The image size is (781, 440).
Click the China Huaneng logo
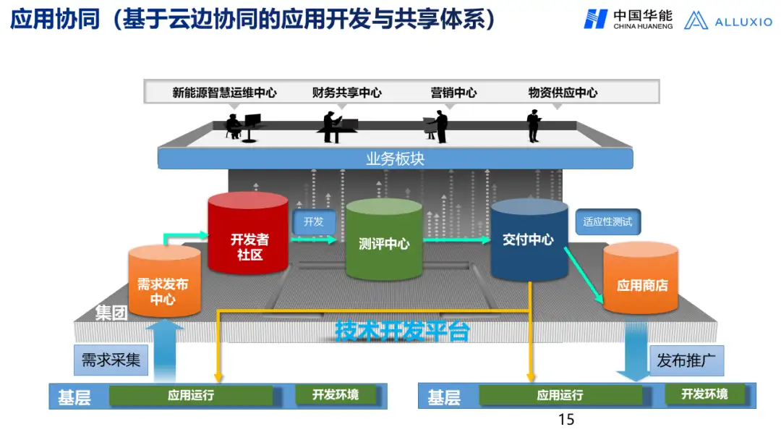(628, 20)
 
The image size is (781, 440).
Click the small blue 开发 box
(314, 222)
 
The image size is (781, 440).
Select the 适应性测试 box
(607, 222)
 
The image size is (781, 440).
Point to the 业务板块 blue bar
(395, 158)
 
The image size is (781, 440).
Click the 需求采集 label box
(111, 360)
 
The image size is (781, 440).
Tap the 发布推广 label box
(686, 360)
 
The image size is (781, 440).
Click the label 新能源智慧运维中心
(224, 93)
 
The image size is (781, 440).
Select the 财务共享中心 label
(346, 93)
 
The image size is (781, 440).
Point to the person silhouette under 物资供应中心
(534, 126)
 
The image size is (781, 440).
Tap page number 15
(566, 420)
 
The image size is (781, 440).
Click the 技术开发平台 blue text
(402, 331)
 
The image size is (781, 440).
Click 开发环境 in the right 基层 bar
(704, 394)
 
